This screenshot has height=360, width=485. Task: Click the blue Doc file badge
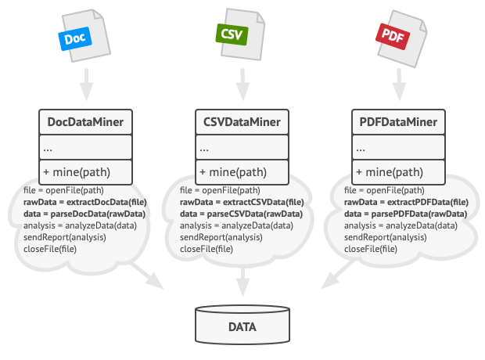click(x=74, y=38)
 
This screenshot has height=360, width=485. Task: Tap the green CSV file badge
click(x=231, y=34)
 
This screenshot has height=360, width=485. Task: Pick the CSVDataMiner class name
click(x=242, y=122)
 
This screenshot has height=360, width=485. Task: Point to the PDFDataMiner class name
click(x=399, y=122)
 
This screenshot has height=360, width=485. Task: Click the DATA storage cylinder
click(x=242, y=326)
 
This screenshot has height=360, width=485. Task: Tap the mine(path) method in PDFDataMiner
click(x=399, y=172)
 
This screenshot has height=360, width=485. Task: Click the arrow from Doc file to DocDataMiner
click(x=86, y=79)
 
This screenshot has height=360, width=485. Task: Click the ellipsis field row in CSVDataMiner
click(x=242, y=147)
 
